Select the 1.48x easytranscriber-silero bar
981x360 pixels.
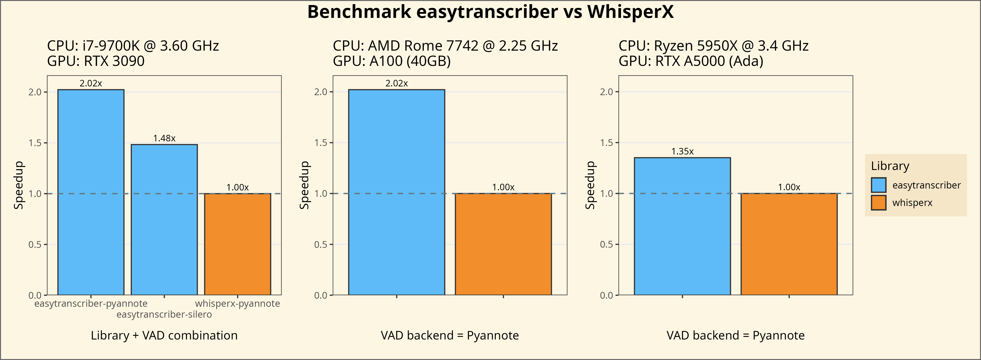164,219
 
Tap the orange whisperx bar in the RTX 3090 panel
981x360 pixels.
238,244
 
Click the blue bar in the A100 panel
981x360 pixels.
397,192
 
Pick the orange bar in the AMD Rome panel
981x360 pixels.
503,244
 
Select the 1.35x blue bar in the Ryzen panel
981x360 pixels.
682,226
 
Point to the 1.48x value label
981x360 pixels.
164,138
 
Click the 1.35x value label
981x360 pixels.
682,152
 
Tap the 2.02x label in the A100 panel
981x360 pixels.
397,83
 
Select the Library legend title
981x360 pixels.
890,166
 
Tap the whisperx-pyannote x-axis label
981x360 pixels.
238,304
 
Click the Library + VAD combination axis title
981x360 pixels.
164,336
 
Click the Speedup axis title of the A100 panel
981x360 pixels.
304,185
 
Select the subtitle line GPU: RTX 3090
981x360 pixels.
95,61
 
